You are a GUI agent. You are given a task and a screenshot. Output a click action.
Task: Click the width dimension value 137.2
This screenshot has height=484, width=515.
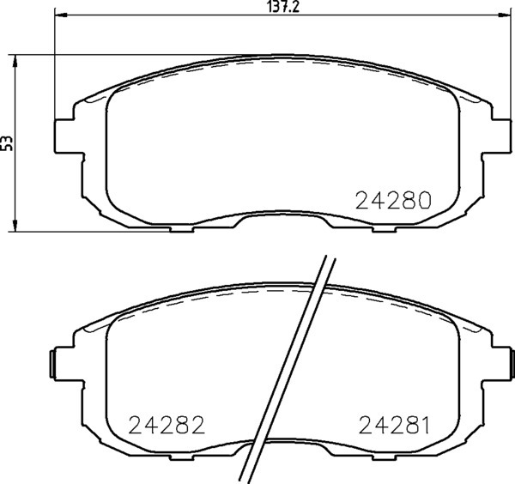tap(283, 7)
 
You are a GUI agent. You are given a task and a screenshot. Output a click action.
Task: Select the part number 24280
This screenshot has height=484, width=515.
tap(393, 200)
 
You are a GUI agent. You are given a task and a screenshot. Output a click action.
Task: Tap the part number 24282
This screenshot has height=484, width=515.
tap(167, 425)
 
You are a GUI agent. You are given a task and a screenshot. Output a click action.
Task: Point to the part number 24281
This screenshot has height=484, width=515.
tap(394, 425)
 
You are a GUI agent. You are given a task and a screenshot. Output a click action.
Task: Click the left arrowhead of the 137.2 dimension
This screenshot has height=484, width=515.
tap(60, 15)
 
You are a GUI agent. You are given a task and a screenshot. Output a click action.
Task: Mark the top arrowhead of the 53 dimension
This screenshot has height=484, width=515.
tap(15, 62)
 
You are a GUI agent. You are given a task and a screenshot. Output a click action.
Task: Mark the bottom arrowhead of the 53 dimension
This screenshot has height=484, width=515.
tap(15, 225)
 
